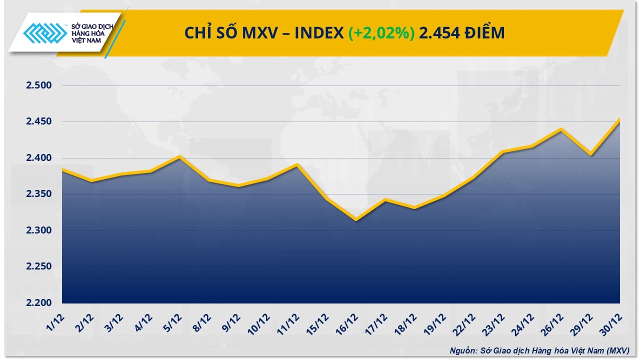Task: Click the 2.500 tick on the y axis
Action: click(x=39, y=85)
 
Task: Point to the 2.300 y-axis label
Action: click(x=39, y=230)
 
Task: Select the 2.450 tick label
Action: click(x=39, y=122)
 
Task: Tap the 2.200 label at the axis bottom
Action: click(x=39, y=303)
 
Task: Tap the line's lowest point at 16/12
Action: click(x=356, y=219)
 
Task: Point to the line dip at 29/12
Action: click(x=590, y=154)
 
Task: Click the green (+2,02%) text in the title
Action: click(x=382, y=33)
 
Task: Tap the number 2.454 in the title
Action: click(x=437, y=33)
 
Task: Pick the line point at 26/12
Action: click(x=561, y=129)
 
